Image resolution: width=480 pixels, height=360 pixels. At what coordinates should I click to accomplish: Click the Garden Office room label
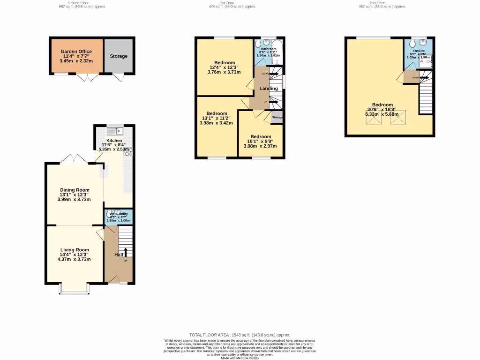point(76,52)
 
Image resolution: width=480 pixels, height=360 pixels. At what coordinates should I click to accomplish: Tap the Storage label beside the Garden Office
point(119,56)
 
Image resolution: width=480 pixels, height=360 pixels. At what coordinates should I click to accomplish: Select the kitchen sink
point(113,131)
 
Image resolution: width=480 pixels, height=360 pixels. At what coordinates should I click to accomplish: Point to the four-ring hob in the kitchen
point(127,151)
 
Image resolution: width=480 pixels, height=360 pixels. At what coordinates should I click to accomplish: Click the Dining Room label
point(74,190)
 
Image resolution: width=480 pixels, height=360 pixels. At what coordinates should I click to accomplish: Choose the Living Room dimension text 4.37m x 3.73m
point(74,259)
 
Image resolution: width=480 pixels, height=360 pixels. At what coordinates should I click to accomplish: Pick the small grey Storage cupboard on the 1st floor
point(277,117)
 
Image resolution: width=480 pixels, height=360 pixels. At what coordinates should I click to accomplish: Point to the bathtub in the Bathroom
point(276,47)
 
